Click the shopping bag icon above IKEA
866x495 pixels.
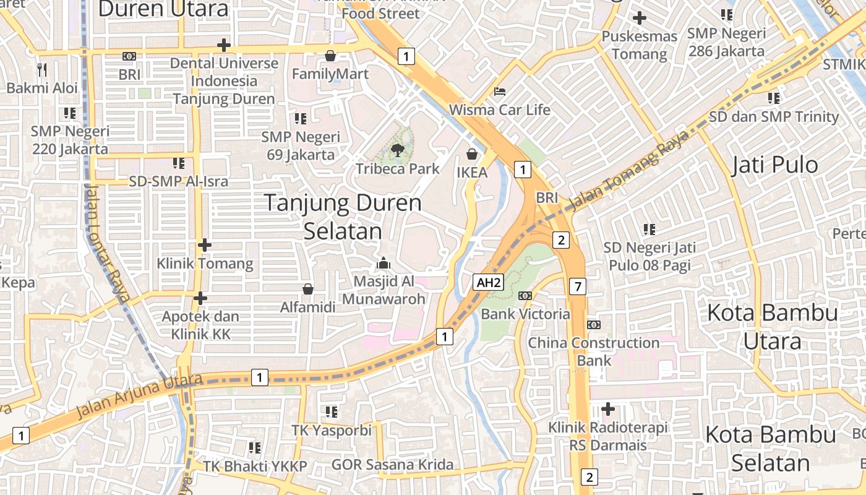click(x=472, y=153)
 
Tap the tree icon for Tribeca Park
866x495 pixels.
click(x=397, y=149)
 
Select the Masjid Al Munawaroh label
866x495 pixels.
click(x=384, y=290)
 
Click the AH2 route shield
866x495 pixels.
click(x=489, y=283)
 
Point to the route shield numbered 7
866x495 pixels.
click(x=577, y=286)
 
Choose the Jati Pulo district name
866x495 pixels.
click(x=774, y=165)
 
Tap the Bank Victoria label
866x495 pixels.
click(x=525, y=314)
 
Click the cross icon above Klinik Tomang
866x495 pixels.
click(x=205, y=245)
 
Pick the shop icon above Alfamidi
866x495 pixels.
click(x=307, y=289)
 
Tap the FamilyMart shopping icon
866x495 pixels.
click(x=330, y=56)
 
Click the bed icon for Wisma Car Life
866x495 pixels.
click(x=500, y=92)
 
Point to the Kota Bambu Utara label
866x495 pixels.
click(x=772, y=327)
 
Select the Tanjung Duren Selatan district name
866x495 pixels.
click(x=343, y=217)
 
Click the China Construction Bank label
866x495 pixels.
click(x=594, y=351)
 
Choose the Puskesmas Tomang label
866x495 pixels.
click(x=640, y=45)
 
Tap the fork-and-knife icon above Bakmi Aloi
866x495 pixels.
click(x=42, y=69)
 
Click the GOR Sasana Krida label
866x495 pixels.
click(x=392, y=465)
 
